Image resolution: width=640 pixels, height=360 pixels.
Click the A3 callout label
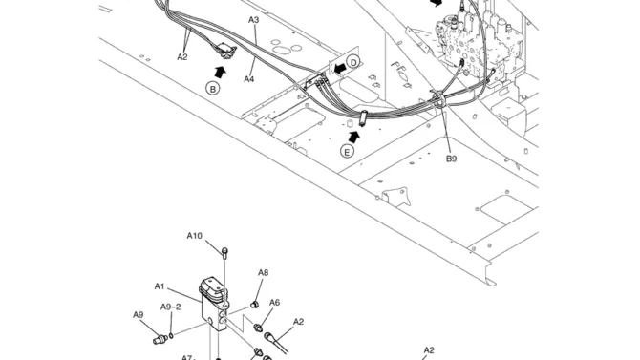pos(253,20)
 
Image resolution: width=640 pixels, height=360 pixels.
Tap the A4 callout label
pos(249,79)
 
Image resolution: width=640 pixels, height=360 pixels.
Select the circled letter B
pos(212,88)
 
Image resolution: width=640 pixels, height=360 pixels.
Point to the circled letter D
pos(353,62)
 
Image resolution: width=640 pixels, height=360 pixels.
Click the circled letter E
pos(347,152)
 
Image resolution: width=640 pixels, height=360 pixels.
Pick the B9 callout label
pos(451,159)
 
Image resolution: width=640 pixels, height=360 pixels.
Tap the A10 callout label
pos(194,236)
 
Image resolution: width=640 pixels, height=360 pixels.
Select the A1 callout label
pos(160,286)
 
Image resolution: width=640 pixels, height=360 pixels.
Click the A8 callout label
pos(264,273)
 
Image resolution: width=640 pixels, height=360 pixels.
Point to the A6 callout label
pos(275,303)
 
